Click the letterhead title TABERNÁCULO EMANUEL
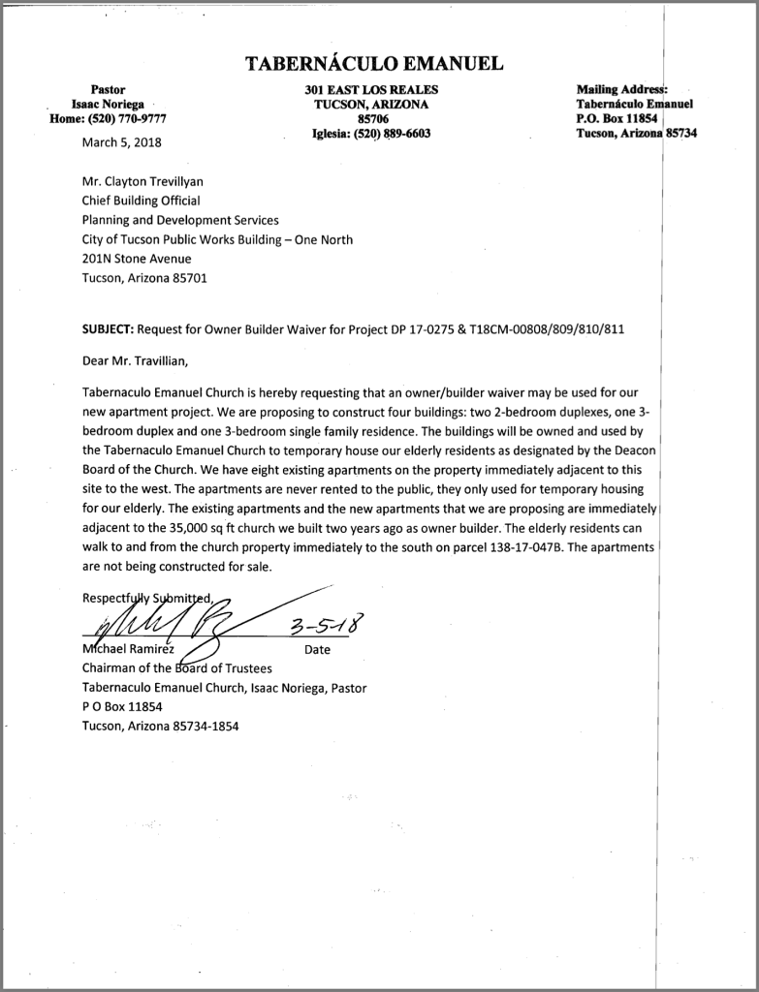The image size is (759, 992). pyautogui.click(x=373, y=65)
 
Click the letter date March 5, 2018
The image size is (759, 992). pyautogui.click(x=121, y=141)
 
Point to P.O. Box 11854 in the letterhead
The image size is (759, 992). pyautogui.click(x=617, y=118)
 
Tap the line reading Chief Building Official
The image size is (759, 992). pyautogui.click(x=141, y=201)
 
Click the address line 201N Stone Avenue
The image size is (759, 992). pyautogui.click(x=137, y=259)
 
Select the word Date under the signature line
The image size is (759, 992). pyautogui.click(x=317, y=650)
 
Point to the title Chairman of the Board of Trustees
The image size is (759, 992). pyautogui.click(x=177, y=668)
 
